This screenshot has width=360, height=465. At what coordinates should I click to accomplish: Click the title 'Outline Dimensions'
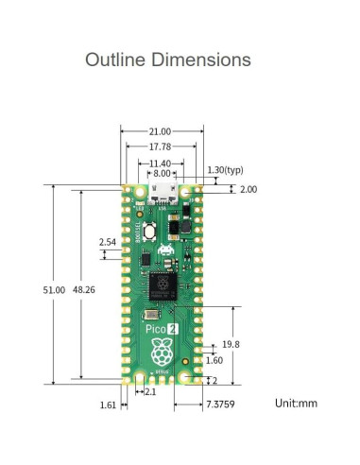pos(168,60)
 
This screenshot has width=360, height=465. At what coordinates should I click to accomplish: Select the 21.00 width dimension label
pos(160,131)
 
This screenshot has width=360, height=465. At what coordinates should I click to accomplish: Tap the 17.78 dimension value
pos(160,146)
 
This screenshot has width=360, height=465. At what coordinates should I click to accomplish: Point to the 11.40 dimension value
pos(160,163)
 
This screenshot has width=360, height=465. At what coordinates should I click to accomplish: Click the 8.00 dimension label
pos(163,173)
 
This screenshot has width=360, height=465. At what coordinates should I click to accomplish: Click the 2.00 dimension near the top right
pos(248,190)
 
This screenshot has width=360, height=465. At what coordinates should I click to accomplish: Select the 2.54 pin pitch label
pos(109,243)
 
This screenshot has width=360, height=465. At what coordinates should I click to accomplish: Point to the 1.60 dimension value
pos(214,360)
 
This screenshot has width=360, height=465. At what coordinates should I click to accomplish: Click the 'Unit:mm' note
pos(298,404)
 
